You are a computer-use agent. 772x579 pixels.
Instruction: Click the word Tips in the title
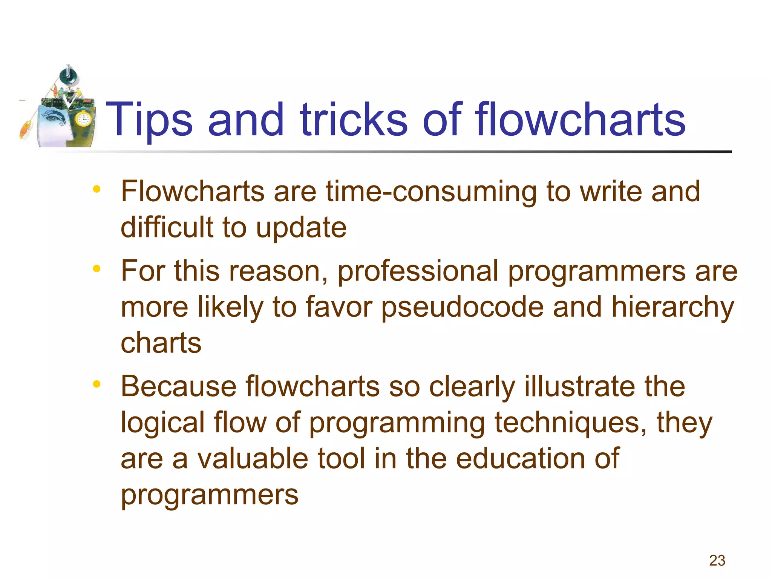[149, 120]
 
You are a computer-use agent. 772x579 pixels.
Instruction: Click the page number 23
[717, 561]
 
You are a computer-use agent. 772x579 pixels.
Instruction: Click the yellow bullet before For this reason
[97, 268]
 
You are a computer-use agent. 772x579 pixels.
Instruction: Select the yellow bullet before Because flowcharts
[97, 384]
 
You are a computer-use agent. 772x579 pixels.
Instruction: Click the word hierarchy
[672, 307]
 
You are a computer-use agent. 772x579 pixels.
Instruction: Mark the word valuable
[252, 459]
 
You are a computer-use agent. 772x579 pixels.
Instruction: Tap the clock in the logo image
[83, 120]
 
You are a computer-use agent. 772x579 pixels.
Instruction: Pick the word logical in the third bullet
[162, 423]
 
